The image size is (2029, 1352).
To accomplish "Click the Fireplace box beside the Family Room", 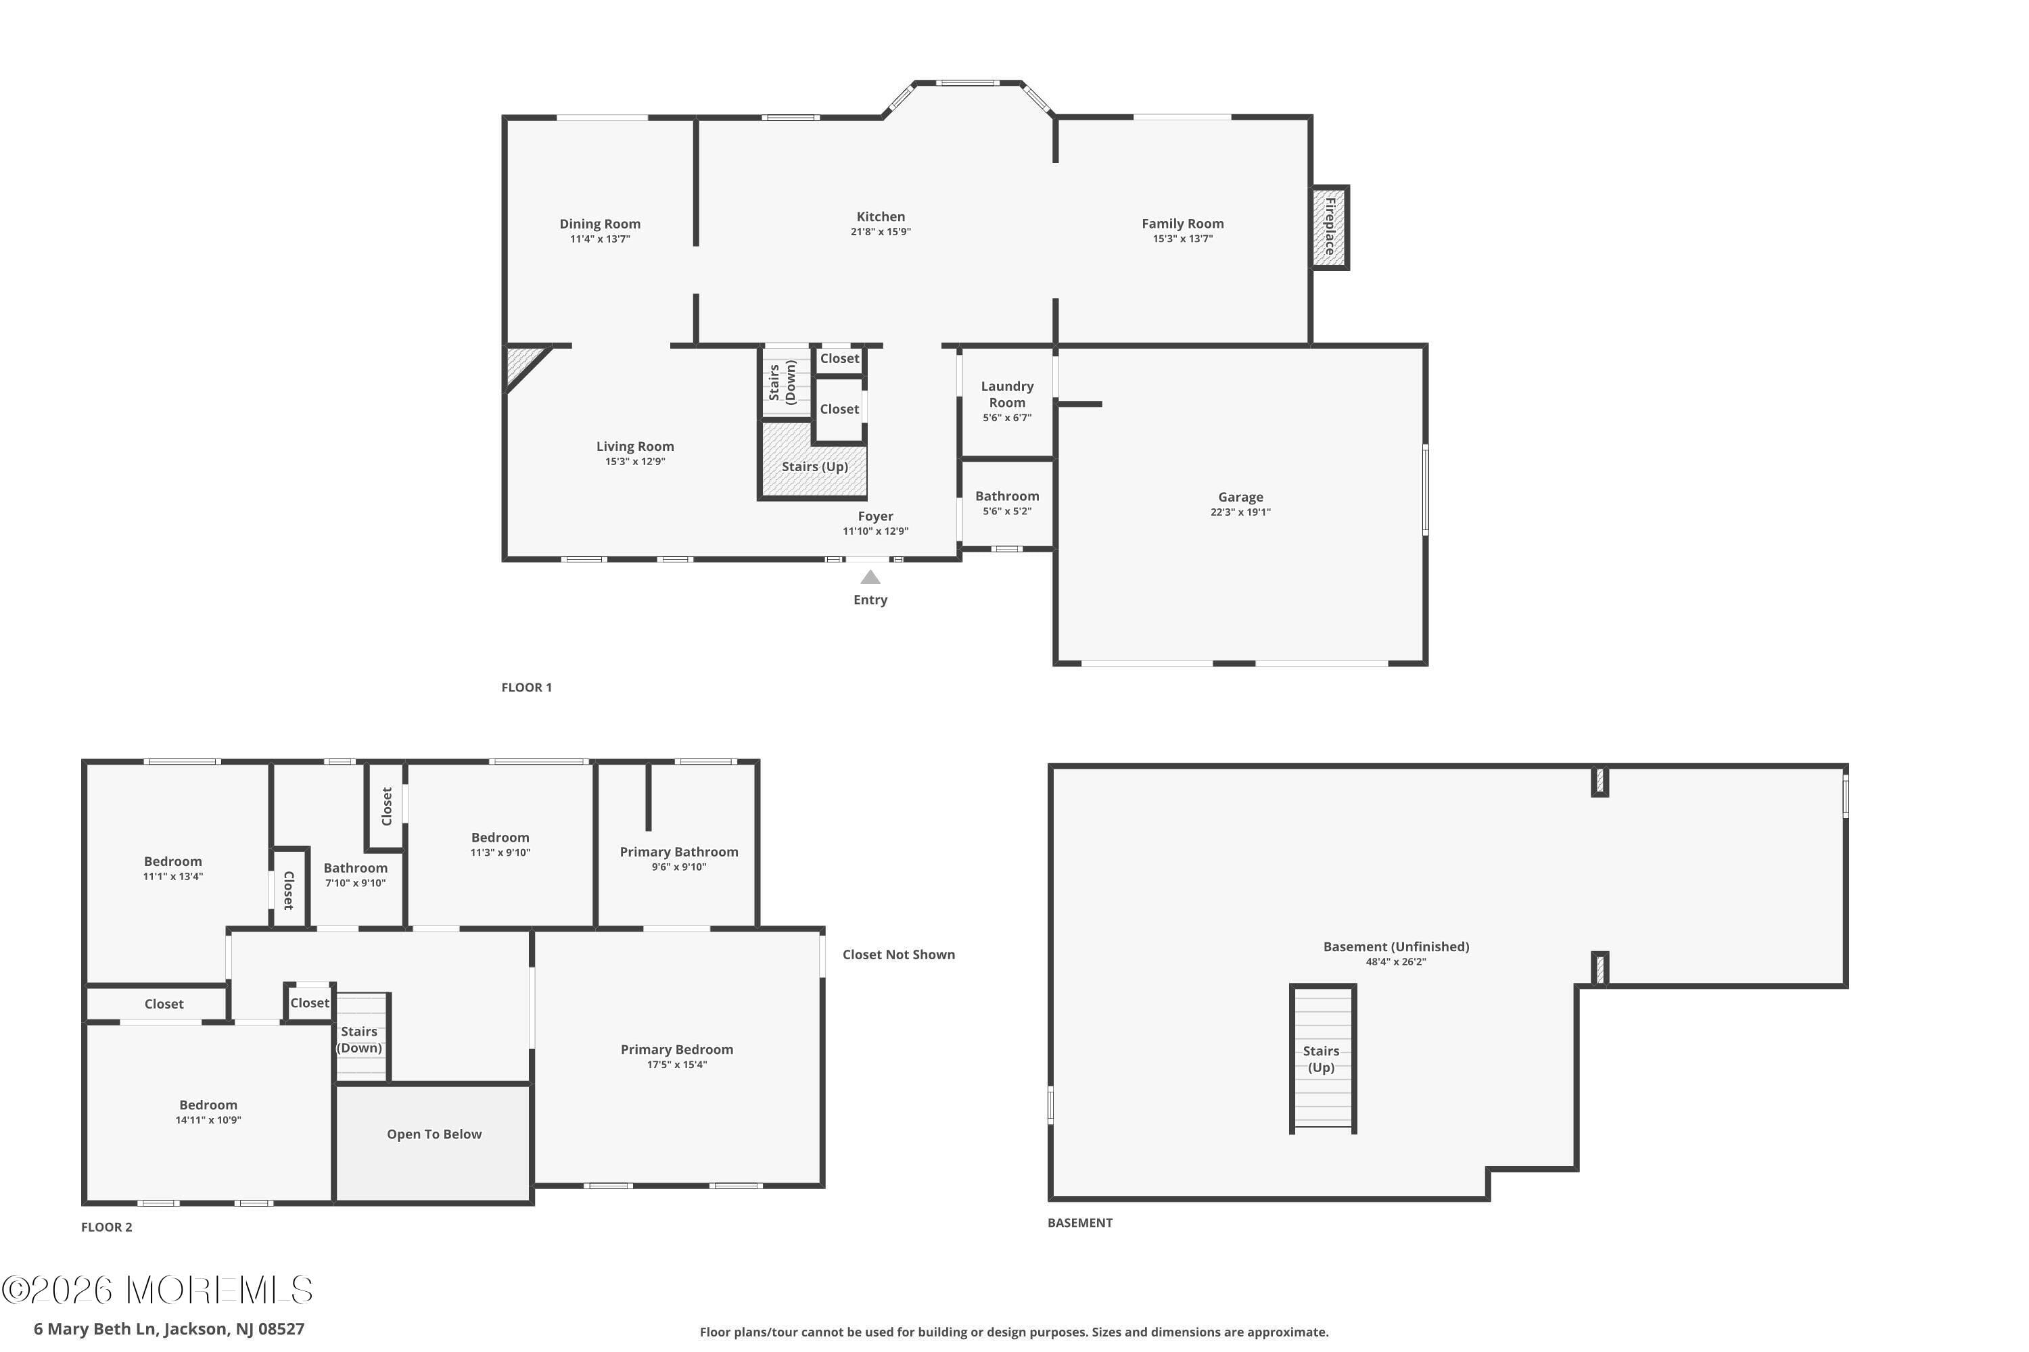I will click(x=1330, y=226).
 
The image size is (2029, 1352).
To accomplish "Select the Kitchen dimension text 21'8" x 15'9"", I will click(x=880, y=232).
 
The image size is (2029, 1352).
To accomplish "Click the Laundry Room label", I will click(x=1007, y=394).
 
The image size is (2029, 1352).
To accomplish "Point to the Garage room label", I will click(x=1240, y=497).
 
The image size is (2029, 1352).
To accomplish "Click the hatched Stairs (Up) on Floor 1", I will click(x=814, y=466).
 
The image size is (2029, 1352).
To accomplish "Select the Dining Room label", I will click(x=599, y=223).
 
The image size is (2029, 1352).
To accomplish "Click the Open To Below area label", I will click(x=434, y=1134).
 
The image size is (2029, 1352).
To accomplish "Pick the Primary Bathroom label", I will click(x=678, y=852).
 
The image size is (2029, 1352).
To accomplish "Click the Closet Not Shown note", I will click(x=898, y=955).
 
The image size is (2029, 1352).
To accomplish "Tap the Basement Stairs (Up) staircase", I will click(x=1321, y=1059).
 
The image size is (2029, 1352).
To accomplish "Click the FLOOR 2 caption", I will click(x=107, y=1227).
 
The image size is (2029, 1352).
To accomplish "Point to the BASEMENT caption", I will click(x=1079, y=1223).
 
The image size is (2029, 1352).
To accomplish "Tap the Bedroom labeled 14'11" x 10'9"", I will click(x=208, y=1105).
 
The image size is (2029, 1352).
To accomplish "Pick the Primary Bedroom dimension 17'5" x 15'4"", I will click(x=676, y=1065).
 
